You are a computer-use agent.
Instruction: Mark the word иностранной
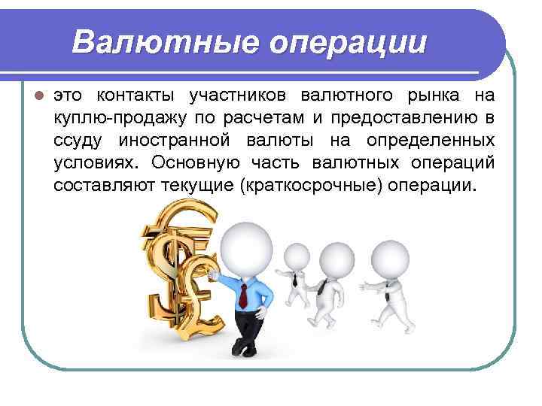point(179,141)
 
